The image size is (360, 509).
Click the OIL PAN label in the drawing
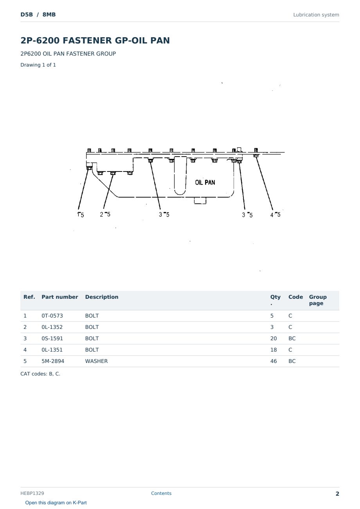pyautogui.click(x=205, y=182)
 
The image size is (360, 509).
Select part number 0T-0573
pyautogui.click(x=52, y=316)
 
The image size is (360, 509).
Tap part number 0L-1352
pyautogui.click(x=52, y=327)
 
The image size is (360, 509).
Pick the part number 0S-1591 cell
pyautogui.click(x=52, y=338)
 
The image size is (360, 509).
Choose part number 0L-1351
pyautogui.click(x=52, y=350)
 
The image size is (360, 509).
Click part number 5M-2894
pyautogui.click(x=53, y=361)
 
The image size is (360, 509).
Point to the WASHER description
pyautogui.click(x=96, y=361)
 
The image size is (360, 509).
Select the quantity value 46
pyautogui.click(x=274, y=361)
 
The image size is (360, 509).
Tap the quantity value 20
pyautogui.click(x=274, y=338)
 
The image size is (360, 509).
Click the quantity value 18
pyautogui.click(x=274, y=350)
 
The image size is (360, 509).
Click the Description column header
pyautogui.click(x=102, y=297)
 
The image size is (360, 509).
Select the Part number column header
pyautogui.click(x=60, y=297)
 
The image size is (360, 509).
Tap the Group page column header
pyautogui.click(x=318, y=300)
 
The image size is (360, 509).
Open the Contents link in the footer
pyautogui.click(x=161, y=493)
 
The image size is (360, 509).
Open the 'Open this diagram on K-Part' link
pyautogui.click(x=56, y=502)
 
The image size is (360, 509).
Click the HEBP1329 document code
pyautogui.click(x=32, y=493)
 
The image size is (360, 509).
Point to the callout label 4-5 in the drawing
pyautogui.click(x=275, y=215)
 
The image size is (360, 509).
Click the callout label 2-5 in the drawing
pyautogui.click(x=105, y=214)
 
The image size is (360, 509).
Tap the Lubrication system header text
pyautogui.click(x=316, y=15)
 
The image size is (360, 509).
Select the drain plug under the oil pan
pyautogui.click(x=200, y=200)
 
